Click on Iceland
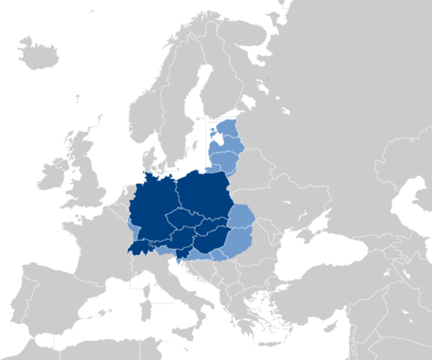[37, 53]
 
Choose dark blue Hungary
[210, 240]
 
